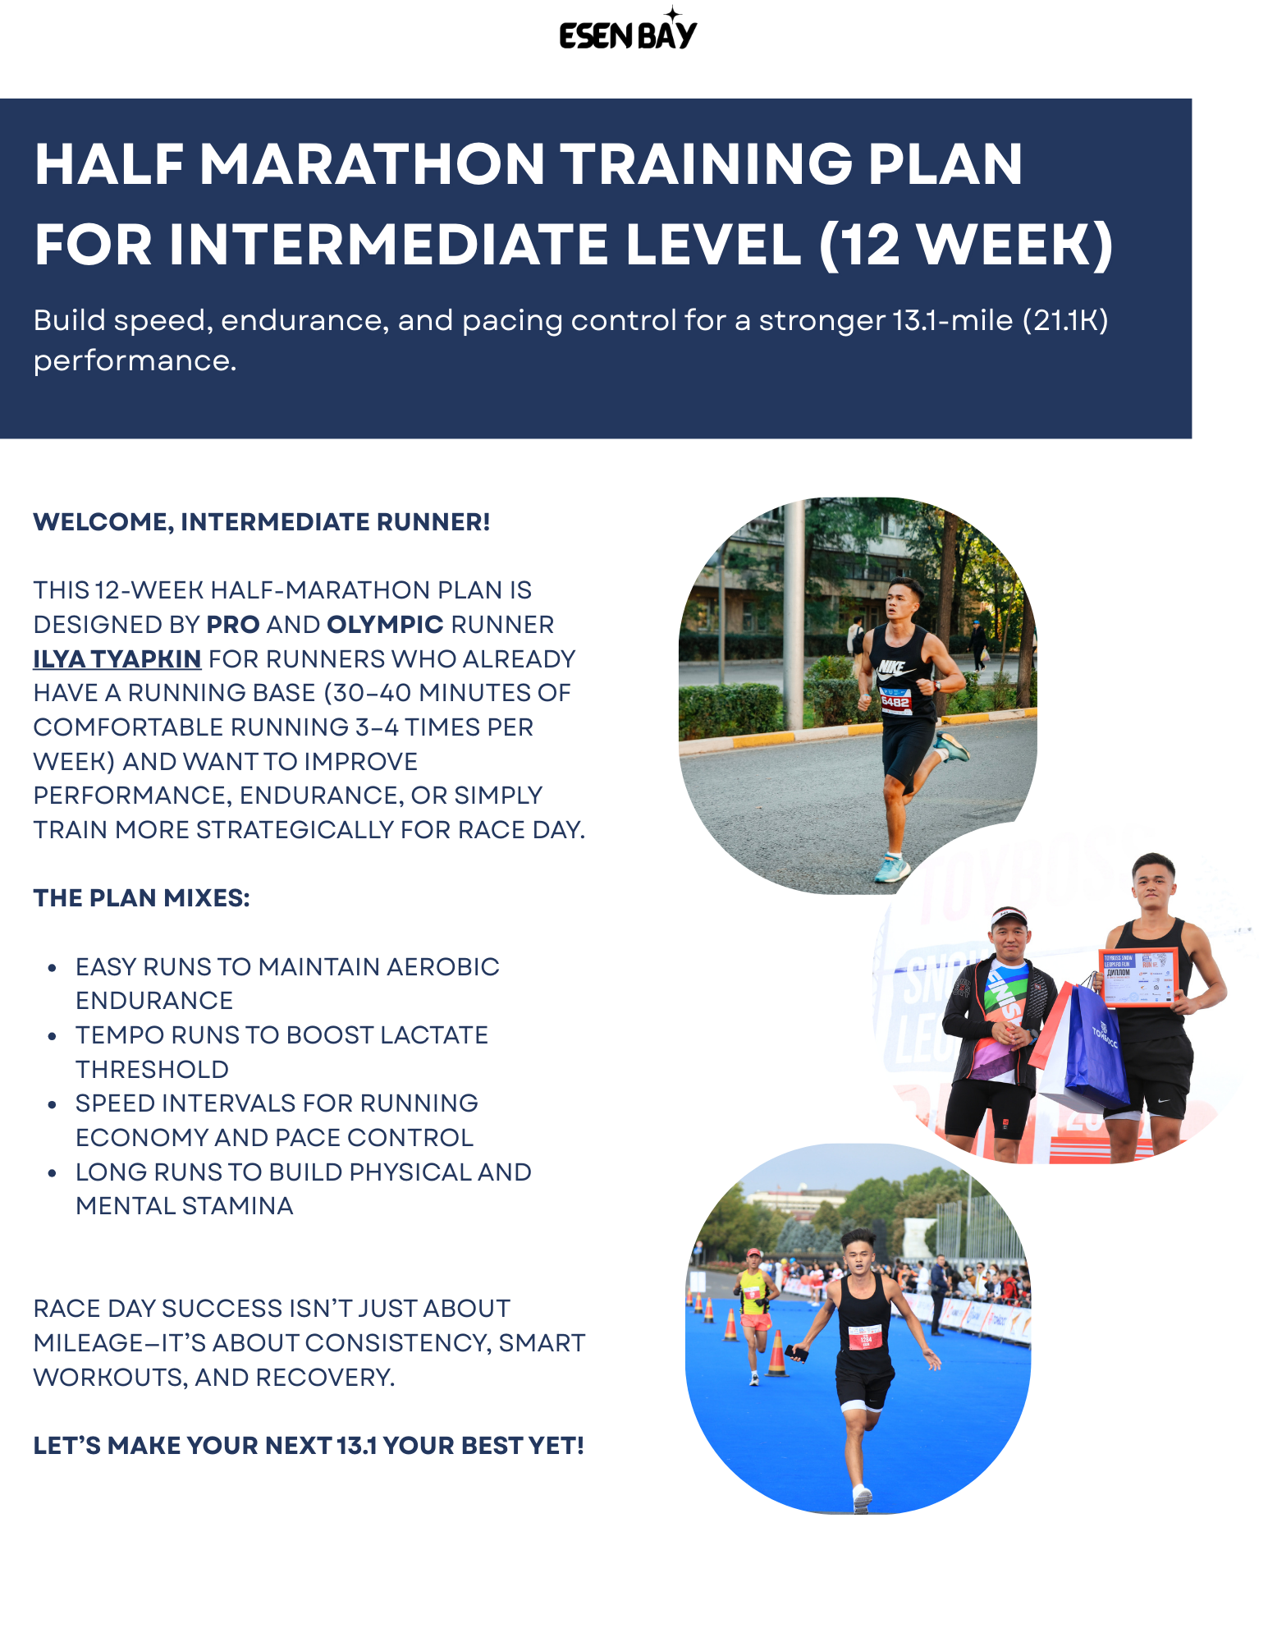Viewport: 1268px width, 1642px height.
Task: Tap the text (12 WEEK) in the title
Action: [x=965, y=245]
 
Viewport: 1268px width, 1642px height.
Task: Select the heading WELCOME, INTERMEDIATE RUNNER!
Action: [x=261, y=522]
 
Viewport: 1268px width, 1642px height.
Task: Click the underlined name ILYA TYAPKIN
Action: [x=117, y=659]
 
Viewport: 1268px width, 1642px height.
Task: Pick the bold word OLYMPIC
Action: [x=385, y=625]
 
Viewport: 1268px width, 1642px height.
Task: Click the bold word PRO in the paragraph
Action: [x=233, y=625]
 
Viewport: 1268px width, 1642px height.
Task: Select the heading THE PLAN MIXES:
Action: [x=141, y=898]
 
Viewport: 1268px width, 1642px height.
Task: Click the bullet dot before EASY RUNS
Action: [x=53, y=968]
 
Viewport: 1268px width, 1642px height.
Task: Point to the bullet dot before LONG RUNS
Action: [x=53, y=1173]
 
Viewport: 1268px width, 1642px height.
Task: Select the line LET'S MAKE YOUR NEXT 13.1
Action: [x=308, y=1446]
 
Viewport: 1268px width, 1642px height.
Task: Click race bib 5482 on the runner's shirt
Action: [x=895, y=702]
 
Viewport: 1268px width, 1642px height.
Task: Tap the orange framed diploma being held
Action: [x=1138, y=979]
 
